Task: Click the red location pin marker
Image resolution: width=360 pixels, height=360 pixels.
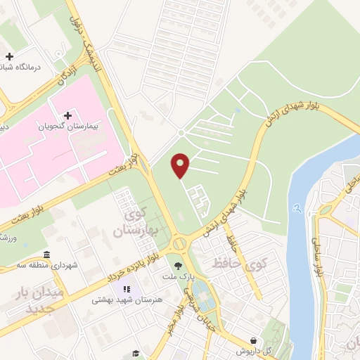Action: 181,166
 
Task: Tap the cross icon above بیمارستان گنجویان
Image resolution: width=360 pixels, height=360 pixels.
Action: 68,115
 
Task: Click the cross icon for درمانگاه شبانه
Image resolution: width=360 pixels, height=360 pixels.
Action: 8,56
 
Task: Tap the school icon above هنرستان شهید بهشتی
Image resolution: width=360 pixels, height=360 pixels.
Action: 127,288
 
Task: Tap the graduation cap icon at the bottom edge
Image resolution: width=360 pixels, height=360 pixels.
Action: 136,353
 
